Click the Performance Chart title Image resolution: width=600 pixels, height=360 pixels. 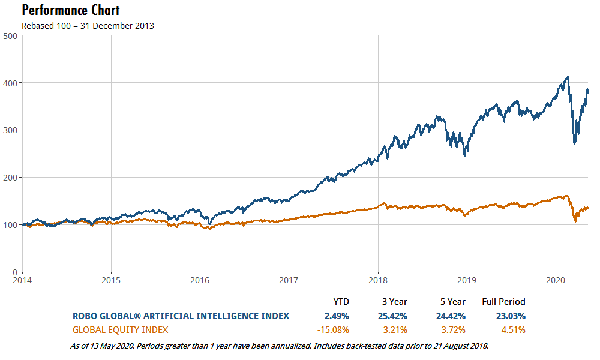tap(70, 10)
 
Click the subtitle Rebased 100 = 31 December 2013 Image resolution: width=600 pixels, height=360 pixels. tap(88, 26)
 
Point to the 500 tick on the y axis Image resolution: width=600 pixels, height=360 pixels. tap(10, 35)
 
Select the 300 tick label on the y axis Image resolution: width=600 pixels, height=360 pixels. tap(10, 130)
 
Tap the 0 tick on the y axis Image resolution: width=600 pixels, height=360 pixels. tap(14, 272)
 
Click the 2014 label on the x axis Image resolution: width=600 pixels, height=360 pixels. tap(22, 280)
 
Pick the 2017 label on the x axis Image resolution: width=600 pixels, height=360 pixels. tap(289, 280)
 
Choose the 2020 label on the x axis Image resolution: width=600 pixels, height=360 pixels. tap(556, 280)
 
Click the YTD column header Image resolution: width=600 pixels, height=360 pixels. tap(341, 302)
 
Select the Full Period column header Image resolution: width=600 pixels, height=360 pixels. tap(503, 302)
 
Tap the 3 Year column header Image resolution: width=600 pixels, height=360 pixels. tap(394, 302)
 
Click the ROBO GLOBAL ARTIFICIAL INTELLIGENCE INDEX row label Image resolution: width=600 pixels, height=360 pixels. tap(181, 316)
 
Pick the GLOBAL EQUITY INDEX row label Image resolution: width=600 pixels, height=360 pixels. tap(120, 329)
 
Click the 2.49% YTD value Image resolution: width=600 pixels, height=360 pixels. tap(337, 316)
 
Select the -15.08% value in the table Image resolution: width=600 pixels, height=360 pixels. tap(332, 329)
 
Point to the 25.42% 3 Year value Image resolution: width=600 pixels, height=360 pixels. tap(394, 316)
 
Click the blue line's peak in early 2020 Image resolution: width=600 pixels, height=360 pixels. tap(568, 77)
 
